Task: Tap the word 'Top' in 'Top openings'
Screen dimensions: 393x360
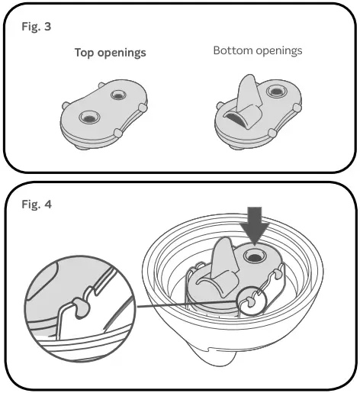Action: pos(85,53)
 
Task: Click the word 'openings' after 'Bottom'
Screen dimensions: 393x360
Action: pos(278,51)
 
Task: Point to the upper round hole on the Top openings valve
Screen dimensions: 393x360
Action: pos(117,95)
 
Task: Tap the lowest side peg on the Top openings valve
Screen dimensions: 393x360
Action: pos(119,134)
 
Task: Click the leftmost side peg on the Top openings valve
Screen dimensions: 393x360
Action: pos(65,103)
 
